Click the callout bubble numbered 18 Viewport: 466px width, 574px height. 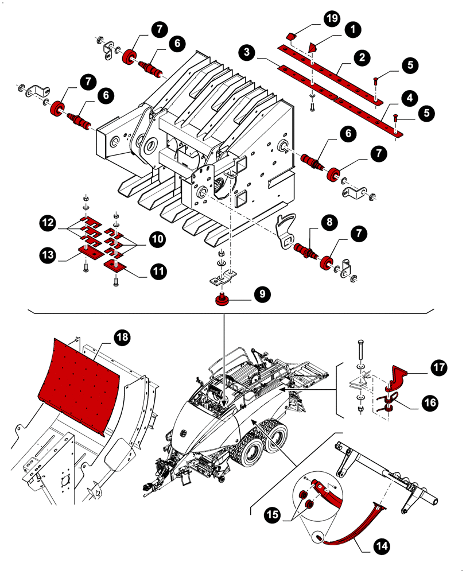click(122, 338)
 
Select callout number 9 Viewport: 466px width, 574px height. click(261, 294)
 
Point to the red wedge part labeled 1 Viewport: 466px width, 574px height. click(312, 47)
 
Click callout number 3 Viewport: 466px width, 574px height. click(247, 52)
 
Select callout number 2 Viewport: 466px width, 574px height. click(360, 57)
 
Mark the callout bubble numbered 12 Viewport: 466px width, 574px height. click(48, 220)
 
